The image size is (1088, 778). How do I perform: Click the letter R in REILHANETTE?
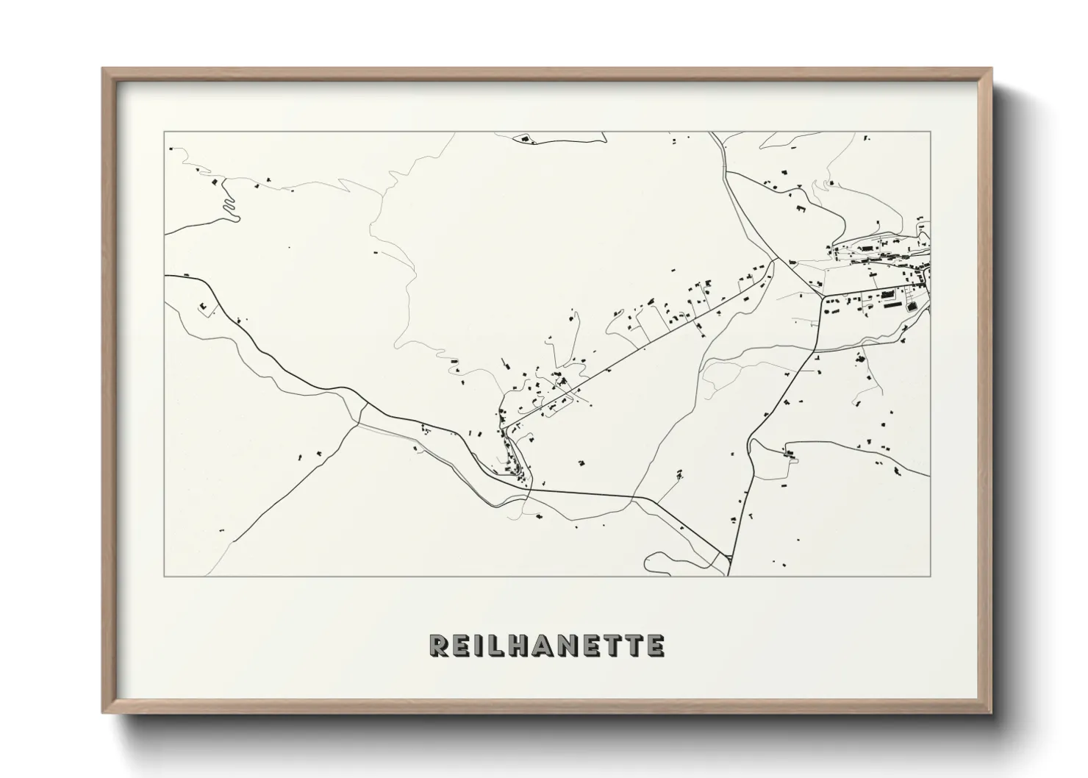tap(440, 646)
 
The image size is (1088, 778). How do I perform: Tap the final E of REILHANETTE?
tap(655, 646)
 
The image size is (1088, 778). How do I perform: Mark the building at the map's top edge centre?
tap(524, 138)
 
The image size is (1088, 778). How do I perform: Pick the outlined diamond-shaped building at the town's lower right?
tap(914, 307)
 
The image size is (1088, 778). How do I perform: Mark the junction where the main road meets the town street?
tap(823, 296)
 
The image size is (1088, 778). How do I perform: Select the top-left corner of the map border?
tap(165, 132)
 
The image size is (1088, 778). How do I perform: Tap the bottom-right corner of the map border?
tap(930, 576)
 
